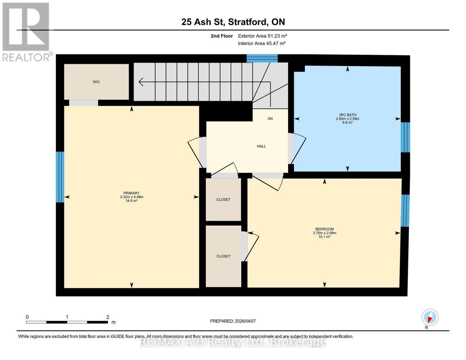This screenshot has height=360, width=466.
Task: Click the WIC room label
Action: [x=96, y=82]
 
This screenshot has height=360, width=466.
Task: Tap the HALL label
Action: [x=261, y=146]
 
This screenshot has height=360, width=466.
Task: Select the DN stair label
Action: [x=270, y=119]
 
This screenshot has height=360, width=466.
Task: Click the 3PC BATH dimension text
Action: [x=347, y=119]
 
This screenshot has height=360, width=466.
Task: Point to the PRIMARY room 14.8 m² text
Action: [x=131, y=201]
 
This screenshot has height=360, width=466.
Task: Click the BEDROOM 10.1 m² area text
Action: [x=324, y=237]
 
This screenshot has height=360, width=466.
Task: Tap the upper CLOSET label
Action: [x=223, y=199]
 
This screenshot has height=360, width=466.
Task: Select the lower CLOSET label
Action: [x=223, y=256]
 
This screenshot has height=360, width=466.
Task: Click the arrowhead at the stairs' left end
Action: [x=140, y=82]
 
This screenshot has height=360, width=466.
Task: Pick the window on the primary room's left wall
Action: [x=60, y=177]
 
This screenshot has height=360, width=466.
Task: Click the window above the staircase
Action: [x=262, y=58]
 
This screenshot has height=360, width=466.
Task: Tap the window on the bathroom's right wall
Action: [x=405, y=137]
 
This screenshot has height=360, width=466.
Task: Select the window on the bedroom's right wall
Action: [x=405, y=211]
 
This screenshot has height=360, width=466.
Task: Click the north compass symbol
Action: [x=430, y=317]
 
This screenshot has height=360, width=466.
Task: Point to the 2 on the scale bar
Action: [x=108, y=317]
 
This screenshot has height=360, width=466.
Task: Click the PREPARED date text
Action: [x=233, y=321]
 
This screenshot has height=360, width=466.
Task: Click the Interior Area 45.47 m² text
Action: [x=262, y=43]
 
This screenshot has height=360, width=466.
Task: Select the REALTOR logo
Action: [x=26, y=31]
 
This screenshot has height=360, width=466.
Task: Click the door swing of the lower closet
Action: [x=251, y=246]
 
